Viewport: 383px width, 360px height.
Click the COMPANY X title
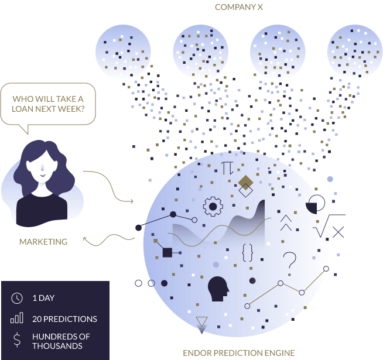click(x=238, y=7)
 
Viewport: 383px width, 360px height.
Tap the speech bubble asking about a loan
click(x=49, y=104)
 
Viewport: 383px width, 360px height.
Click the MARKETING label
click(x=43, y=241)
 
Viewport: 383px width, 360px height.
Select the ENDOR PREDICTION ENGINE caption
click(x=238, y=352)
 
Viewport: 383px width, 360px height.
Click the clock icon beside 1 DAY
click(x=17, y=298)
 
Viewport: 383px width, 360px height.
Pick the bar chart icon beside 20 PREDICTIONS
click(x=17, y=318)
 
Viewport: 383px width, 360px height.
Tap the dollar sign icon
click(x=17, y=340)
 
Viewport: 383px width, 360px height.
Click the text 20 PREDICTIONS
click(x=64, y=319)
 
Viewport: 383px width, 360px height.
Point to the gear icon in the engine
click(x=213, y=207)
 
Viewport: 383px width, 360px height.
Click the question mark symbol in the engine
click(x=289, y=262)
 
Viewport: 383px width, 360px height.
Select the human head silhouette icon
click(x=218, y=288)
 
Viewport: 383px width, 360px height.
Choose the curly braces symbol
click(x=247, y=252)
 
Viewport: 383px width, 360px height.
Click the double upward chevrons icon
click(x=286, y=222)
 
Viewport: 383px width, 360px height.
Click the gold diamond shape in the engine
click(x=245, y=182)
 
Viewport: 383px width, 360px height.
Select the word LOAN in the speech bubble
click(x=24, y=109)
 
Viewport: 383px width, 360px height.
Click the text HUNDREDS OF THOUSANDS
click(x=61, y=341)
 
